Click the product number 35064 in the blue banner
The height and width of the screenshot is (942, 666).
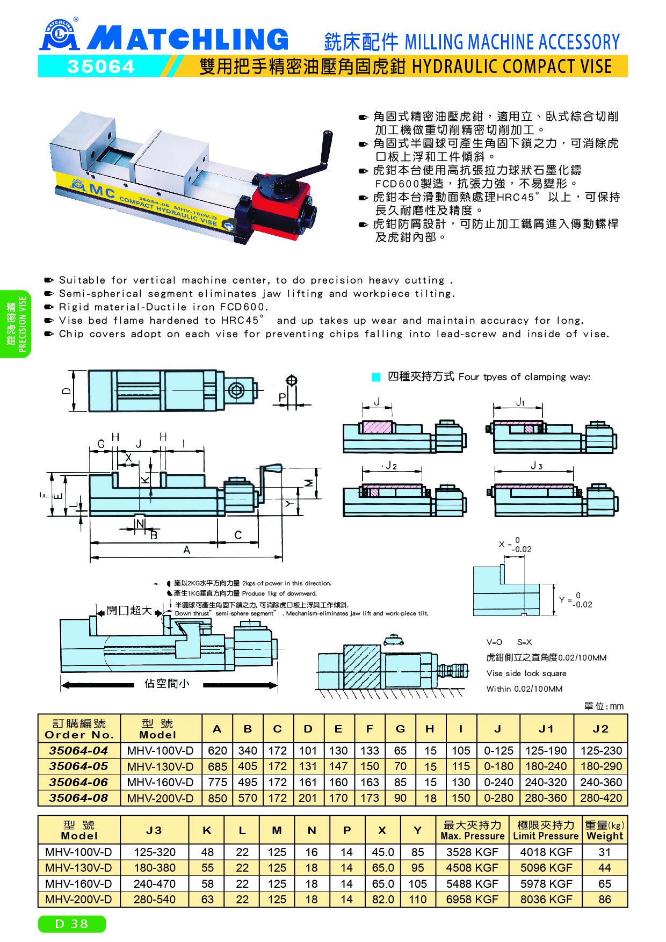tap(100, 67)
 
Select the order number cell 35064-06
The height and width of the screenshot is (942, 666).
tap(79, 782)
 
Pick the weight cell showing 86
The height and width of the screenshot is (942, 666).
tap(605, 899)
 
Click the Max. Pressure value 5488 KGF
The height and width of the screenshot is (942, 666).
tap(472, 883)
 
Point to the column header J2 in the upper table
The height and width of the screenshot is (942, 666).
tap(600, 729)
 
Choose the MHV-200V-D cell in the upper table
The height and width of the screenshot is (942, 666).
tap(160, 798)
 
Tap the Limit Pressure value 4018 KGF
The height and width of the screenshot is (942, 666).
tap(546, 852)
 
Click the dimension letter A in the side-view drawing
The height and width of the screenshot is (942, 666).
tap(187, 549)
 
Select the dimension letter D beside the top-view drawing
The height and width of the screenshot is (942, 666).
tap(64, 391)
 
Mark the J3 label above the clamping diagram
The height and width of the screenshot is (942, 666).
tap(537, 466)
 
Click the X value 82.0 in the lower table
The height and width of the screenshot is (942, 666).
tap(382, 899)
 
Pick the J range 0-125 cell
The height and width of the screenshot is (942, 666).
tap(498, 750)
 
